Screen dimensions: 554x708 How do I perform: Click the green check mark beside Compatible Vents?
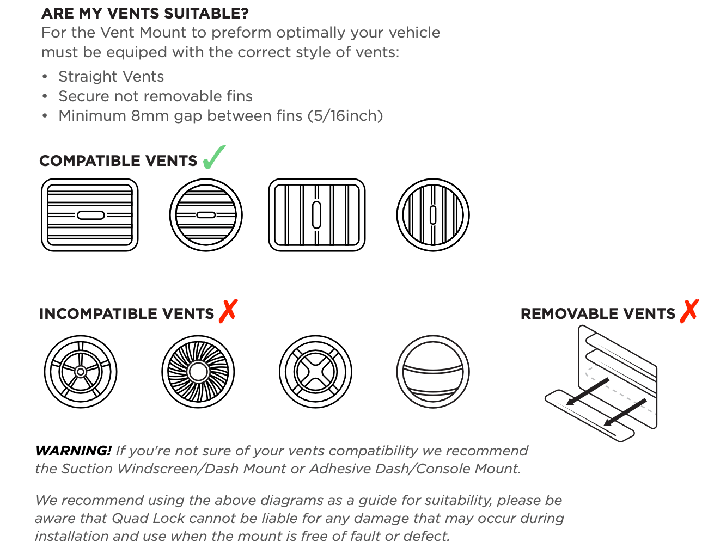[214, 157]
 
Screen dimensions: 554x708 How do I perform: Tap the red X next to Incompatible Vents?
[228, 311]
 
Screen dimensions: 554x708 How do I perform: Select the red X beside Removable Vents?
[689, 311]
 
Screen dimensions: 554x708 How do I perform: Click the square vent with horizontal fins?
[90, 215]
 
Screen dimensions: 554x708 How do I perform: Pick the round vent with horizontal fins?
[206, 215]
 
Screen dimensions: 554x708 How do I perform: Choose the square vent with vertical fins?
[316, 215]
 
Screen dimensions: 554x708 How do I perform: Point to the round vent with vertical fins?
[433, 215]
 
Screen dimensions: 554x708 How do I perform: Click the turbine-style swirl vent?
[198, 372]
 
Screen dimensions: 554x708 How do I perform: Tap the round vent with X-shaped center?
[315, 372]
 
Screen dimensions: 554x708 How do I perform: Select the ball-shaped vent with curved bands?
[433, 372]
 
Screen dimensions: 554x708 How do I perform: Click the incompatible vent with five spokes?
[81, 372]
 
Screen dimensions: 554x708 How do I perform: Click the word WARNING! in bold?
[74, 451]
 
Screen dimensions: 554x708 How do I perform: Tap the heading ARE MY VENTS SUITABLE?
[145, 13]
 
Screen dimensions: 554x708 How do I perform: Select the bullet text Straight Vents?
[111, 77]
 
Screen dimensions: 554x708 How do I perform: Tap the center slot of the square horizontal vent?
[90, 216]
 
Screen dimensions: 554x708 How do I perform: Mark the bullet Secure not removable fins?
[155, 96]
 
